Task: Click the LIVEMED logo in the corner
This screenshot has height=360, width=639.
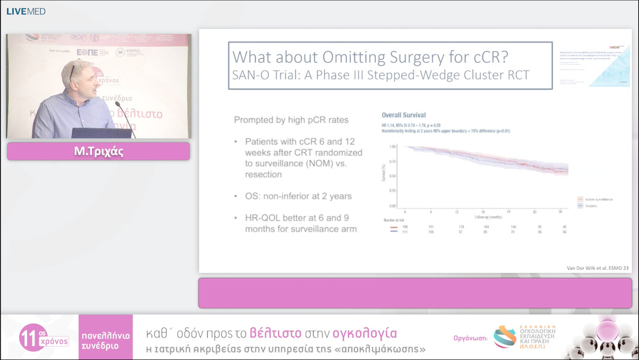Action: pyautogui.click(x=25, y=11)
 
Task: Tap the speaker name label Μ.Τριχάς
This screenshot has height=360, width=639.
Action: pyautogui.click(x=98, y=152)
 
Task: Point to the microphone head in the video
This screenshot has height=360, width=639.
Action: pyautogui.click(x=117, y=105)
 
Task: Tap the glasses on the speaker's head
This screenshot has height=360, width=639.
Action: pyautogui.click(x=72, y=70)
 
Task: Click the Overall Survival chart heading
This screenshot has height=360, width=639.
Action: pyautogui.click(x=404, y=115)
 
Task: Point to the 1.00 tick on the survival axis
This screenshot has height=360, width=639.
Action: pyautogui.click(x=393, y=146)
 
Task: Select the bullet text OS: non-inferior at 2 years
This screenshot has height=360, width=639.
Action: pyautogui.click(x=298, y=196)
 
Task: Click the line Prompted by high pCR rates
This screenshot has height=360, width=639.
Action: pyautogui.click(x=291, y=120)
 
